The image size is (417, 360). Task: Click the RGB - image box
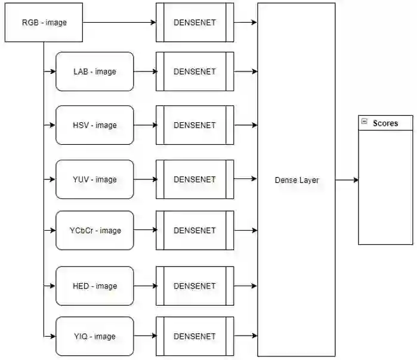(x=44, y=23)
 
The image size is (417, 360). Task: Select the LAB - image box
(x=94, y=72)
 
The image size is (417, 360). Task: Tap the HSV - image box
(x=94, y=125)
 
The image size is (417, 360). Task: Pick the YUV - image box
(x=94, y=179)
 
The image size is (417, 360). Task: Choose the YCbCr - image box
(x=94, y=231)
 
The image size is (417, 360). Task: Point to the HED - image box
(x=94, y=286)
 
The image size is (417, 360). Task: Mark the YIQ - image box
(x=94, y=337)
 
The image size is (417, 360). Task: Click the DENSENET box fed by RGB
(x=194, y=23)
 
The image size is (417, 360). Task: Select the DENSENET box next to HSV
(x=194, y=125)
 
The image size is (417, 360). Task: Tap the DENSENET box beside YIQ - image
(x=194, y=337)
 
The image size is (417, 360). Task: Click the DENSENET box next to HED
(x=194, y=286)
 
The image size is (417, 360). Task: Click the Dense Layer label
(x=296, y=180)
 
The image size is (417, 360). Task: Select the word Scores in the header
(x=385, y=123)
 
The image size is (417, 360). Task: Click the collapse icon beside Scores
(x=364, y=122)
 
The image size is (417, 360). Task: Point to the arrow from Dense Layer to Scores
(x=347, y=179)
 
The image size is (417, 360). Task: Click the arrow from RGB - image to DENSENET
(x=119, y=23)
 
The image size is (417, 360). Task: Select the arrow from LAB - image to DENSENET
(x=145, y=72)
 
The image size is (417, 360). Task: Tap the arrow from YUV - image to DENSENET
(x=145, y=179)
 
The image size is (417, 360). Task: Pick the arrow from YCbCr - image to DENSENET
(x=145, y=231)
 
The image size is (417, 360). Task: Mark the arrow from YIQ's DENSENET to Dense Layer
(x=245, y=337)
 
